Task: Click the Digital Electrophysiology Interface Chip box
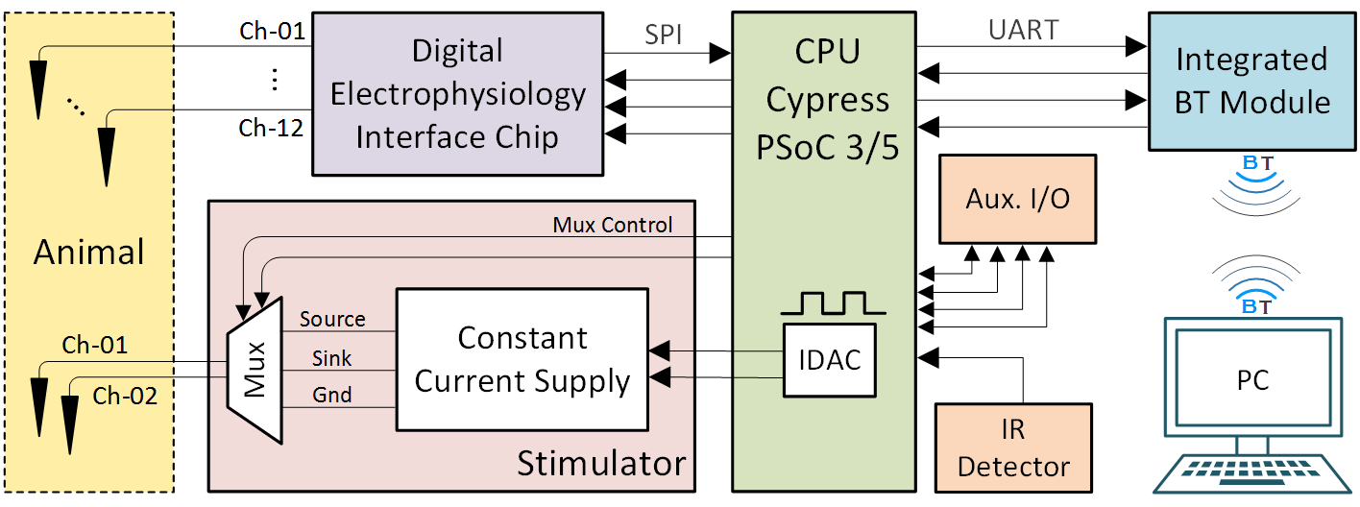pos(457,93)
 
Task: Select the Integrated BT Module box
pos(1251,81)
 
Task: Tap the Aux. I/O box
pos(1017,199)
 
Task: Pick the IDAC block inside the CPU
pos(830,360)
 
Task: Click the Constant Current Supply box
pos(522,359)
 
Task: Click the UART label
pos(1024,30)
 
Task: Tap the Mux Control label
pos(612,225)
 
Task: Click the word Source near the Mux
pos(332,319)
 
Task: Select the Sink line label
pos(331,358)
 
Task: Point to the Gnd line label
pos(331,395)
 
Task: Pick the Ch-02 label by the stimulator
pos(126,396)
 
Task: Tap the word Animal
pos(88,253)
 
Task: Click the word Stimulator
pos(601,464)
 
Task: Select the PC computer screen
pos(1252,379)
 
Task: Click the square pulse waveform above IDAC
pos(832,304)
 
